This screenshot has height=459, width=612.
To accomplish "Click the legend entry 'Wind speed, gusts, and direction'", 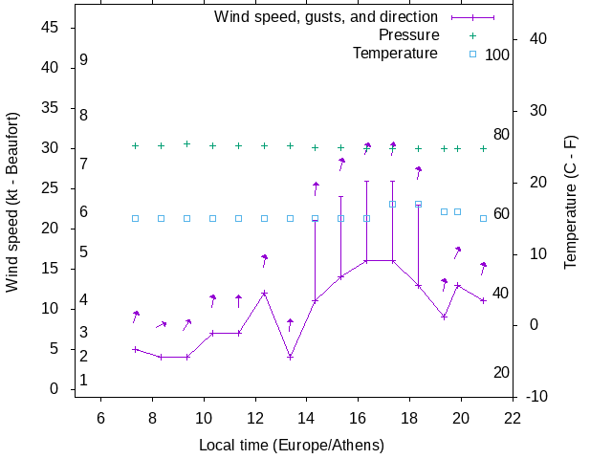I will coord(325,17).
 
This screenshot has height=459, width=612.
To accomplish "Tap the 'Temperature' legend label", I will coord(395,54).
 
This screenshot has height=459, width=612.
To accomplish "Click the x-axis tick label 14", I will coord(307,418).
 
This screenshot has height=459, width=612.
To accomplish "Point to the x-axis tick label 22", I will coord(513,418).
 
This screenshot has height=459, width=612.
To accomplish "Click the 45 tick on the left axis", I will coord(52,28).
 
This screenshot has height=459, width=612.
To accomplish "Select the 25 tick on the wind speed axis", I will coord(52,188).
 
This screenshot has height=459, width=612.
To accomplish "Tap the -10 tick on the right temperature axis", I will coord(537,396).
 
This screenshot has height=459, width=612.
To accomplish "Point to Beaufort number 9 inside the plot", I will coord(84,60).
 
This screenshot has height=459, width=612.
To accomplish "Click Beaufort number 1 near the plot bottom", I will coord(84,381).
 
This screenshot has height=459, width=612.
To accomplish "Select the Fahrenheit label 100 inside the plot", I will coord(497,55).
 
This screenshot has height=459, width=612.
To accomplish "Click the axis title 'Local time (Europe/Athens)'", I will coord(291,446).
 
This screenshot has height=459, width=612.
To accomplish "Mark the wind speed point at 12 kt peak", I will coord(264,293).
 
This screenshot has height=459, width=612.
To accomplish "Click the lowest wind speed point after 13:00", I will coord(290,357).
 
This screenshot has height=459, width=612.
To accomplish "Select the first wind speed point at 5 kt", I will coord(135,349).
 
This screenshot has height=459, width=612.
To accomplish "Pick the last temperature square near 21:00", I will coord(483,218).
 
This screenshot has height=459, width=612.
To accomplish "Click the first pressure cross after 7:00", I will coord(135,146).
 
